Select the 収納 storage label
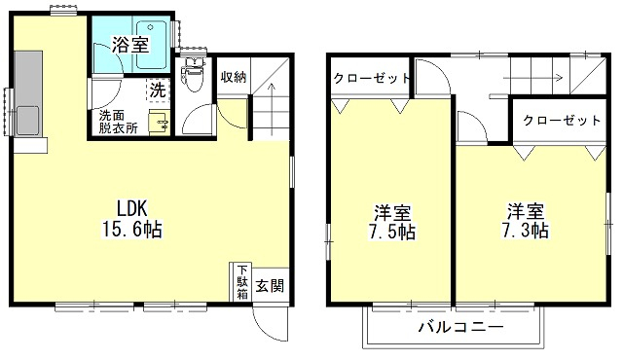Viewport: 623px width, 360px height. [x=233, y=77]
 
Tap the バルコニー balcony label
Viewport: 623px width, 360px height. [x=460, y=327]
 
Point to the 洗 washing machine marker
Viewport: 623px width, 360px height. [x=157, y=89]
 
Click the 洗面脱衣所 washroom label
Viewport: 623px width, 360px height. [x=117, y=122]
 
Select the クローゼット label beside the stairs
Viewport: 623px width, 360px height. [x=561, y=120]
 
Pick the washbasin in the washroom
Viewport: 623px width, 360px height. [x=157, y=124]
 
